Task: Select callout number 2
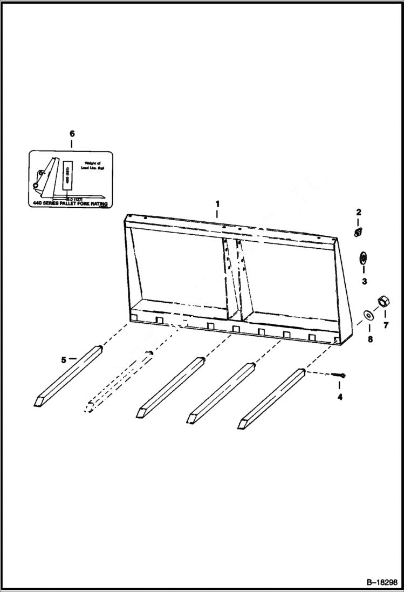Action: pyautogui.click(x=358, y=212)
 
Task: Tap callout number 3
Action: pyautogui.click(x=364, y=281)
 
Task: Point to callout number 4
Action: pyautogui.click(x=340, y=397)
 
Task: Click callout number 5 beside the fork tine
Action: pyautogui.click(x=63, y=359)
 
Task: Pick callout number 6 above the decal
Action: pyautogui.click(x=72, y=133)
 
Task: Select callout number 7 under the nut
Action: pyautogui.click(x=385, y=325)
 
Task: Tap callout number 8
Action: pyautogui.click(x=369, y=339)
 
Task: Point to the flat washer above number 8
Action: pyautogui.click(x=368, y=314)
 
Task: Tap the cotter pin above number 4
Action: pyautogui.click(x=340, y=376)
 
